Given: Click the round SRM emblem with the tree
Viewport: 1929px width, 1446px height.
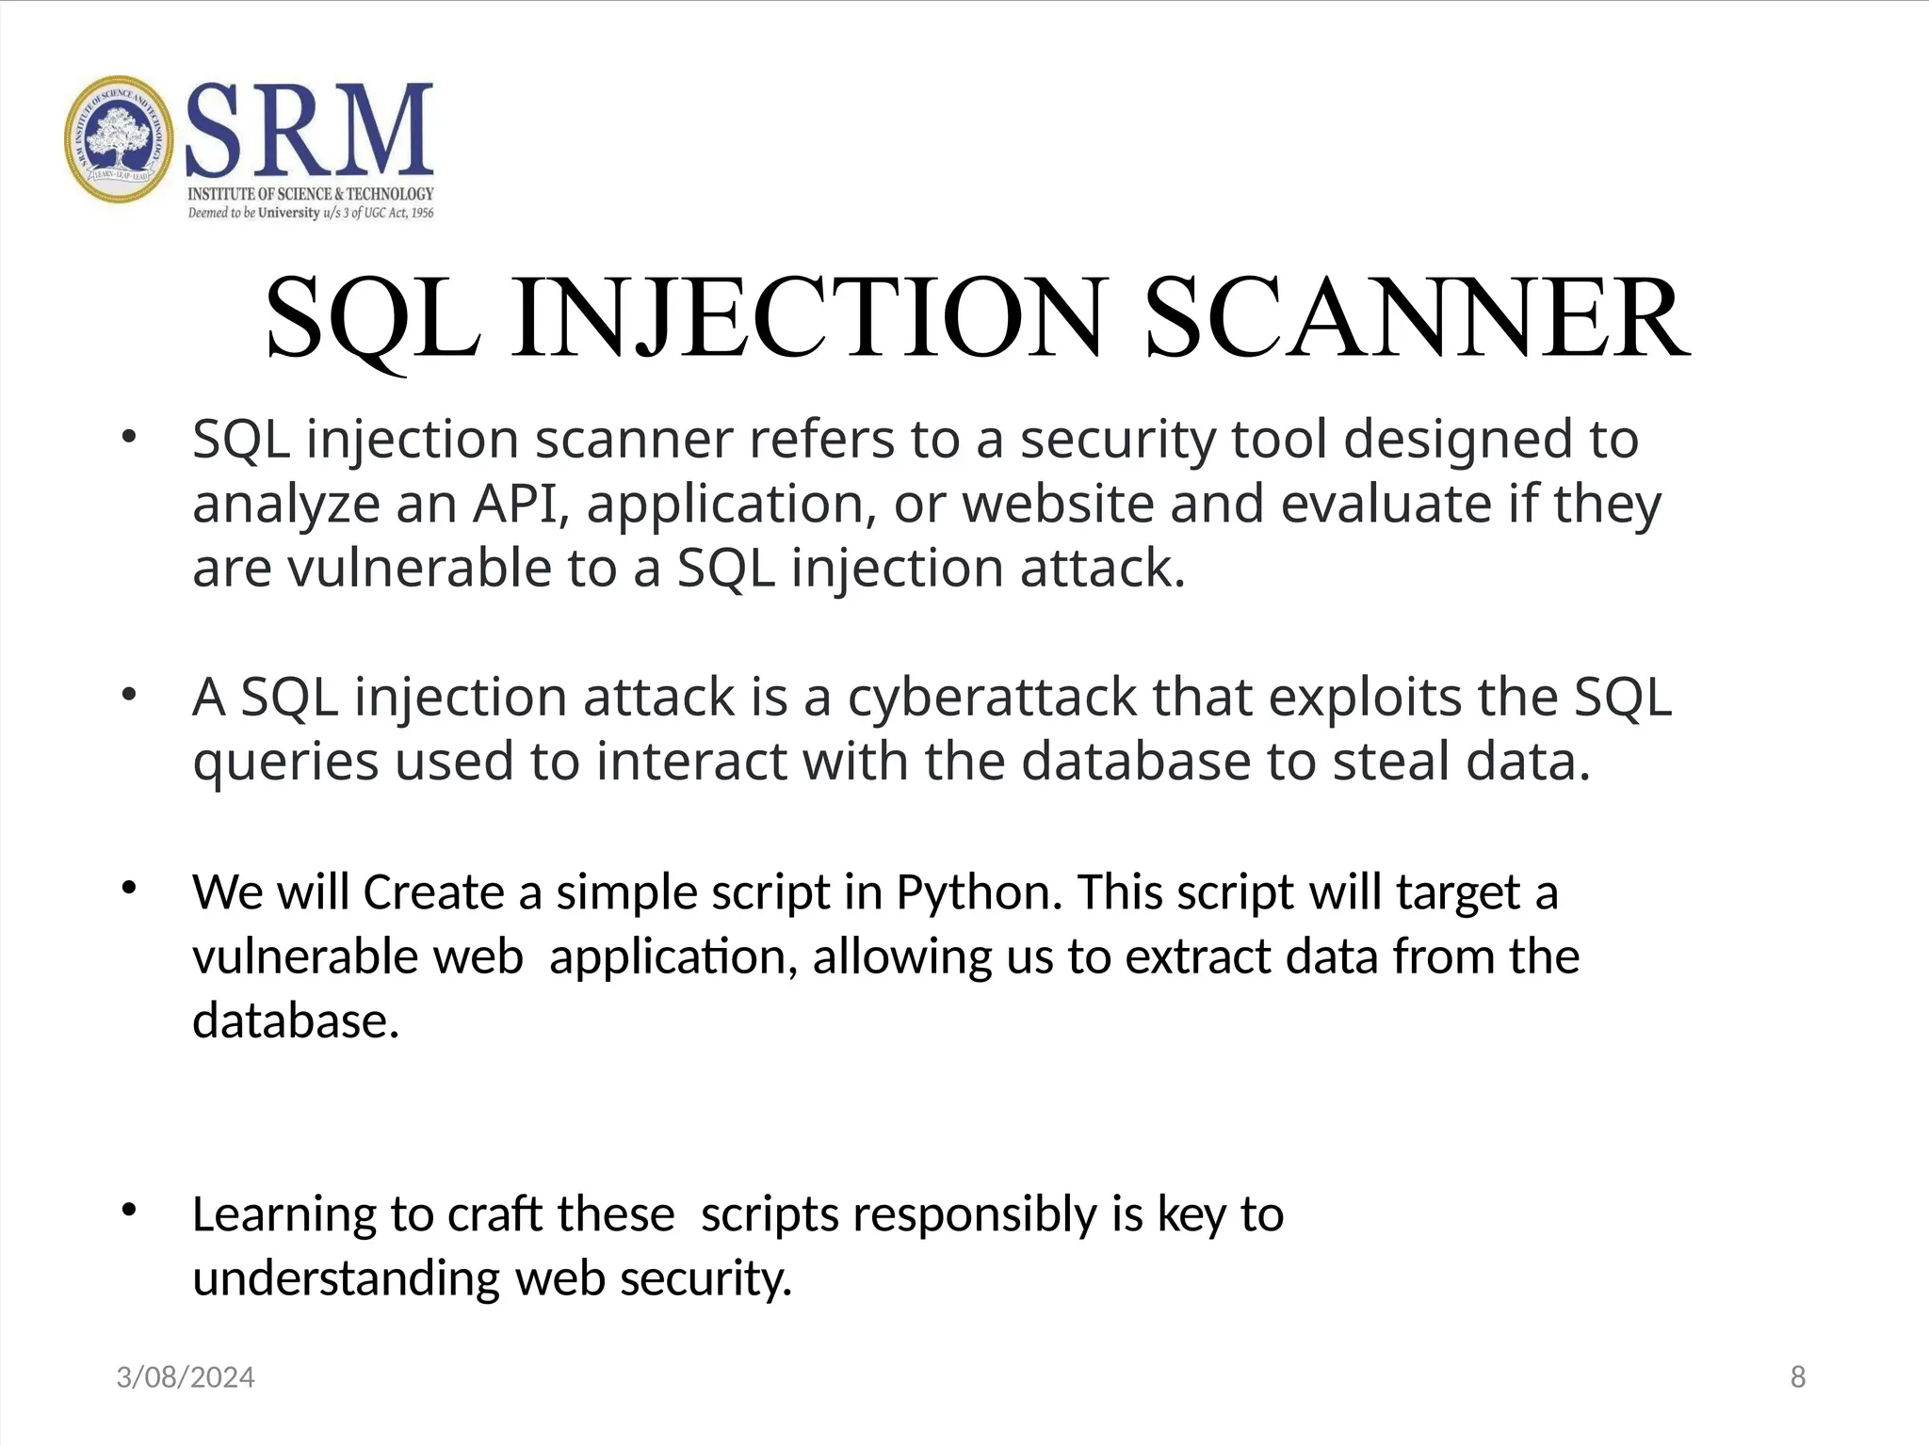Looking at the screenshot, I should tap(120, 139).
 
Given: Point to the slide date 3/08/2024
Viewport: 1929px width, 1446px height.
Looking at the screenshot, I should tap(186, 1377).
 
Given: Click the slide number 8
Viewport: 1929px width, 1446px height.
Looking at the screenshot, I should tap(1797, 1377).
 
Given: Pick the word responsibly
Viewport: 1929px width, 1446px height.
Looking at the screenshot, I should tap(974, 1214).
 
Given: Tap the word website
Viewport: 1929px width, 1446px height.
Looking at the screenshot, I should tap(1058, 504).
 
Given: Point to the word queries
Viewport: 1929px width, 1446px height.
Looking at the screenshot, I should tap(285, 763).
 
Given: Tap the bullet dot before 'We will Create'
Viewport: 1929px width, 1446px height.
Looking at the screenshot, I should tap(129, 888).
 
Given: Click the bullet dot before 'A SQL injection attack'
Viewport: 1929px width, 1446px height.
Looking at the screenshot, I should tap(129, 696).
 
